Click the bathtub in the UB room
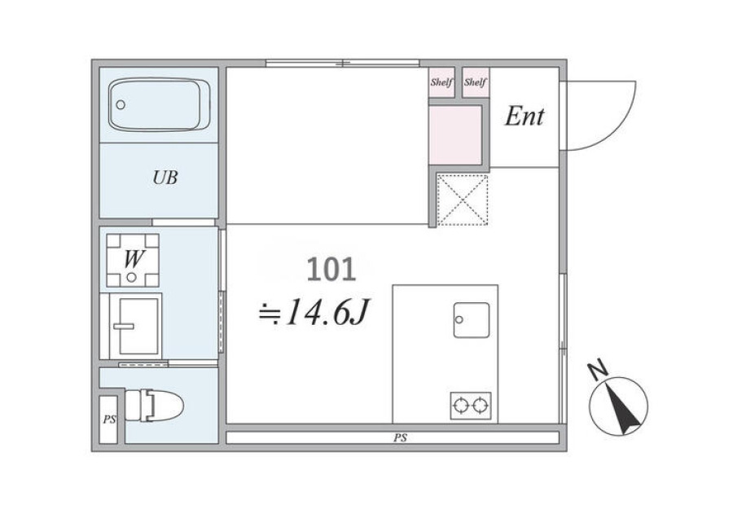point(159,105)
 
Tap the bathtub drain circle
point(121,105)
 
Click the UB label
point(165,178)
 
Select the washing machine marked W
point(133,261)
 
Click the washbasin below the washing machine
point(135,326)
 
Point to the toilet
point(154,406)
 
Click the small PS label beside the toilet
point(109,419)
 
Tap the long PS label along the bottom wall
point(400,438)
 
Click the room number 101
point(331,270)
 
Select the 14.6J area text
point(314,312)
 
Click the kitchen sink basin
point(472,320)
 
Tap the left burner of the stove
point(461,406)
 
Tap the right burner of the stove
point(480,406)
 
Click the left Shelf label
point(441,82)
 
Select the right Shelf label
point(476,82)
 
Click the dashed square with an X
point(463,200)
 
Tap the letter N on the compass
point(598,371)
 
